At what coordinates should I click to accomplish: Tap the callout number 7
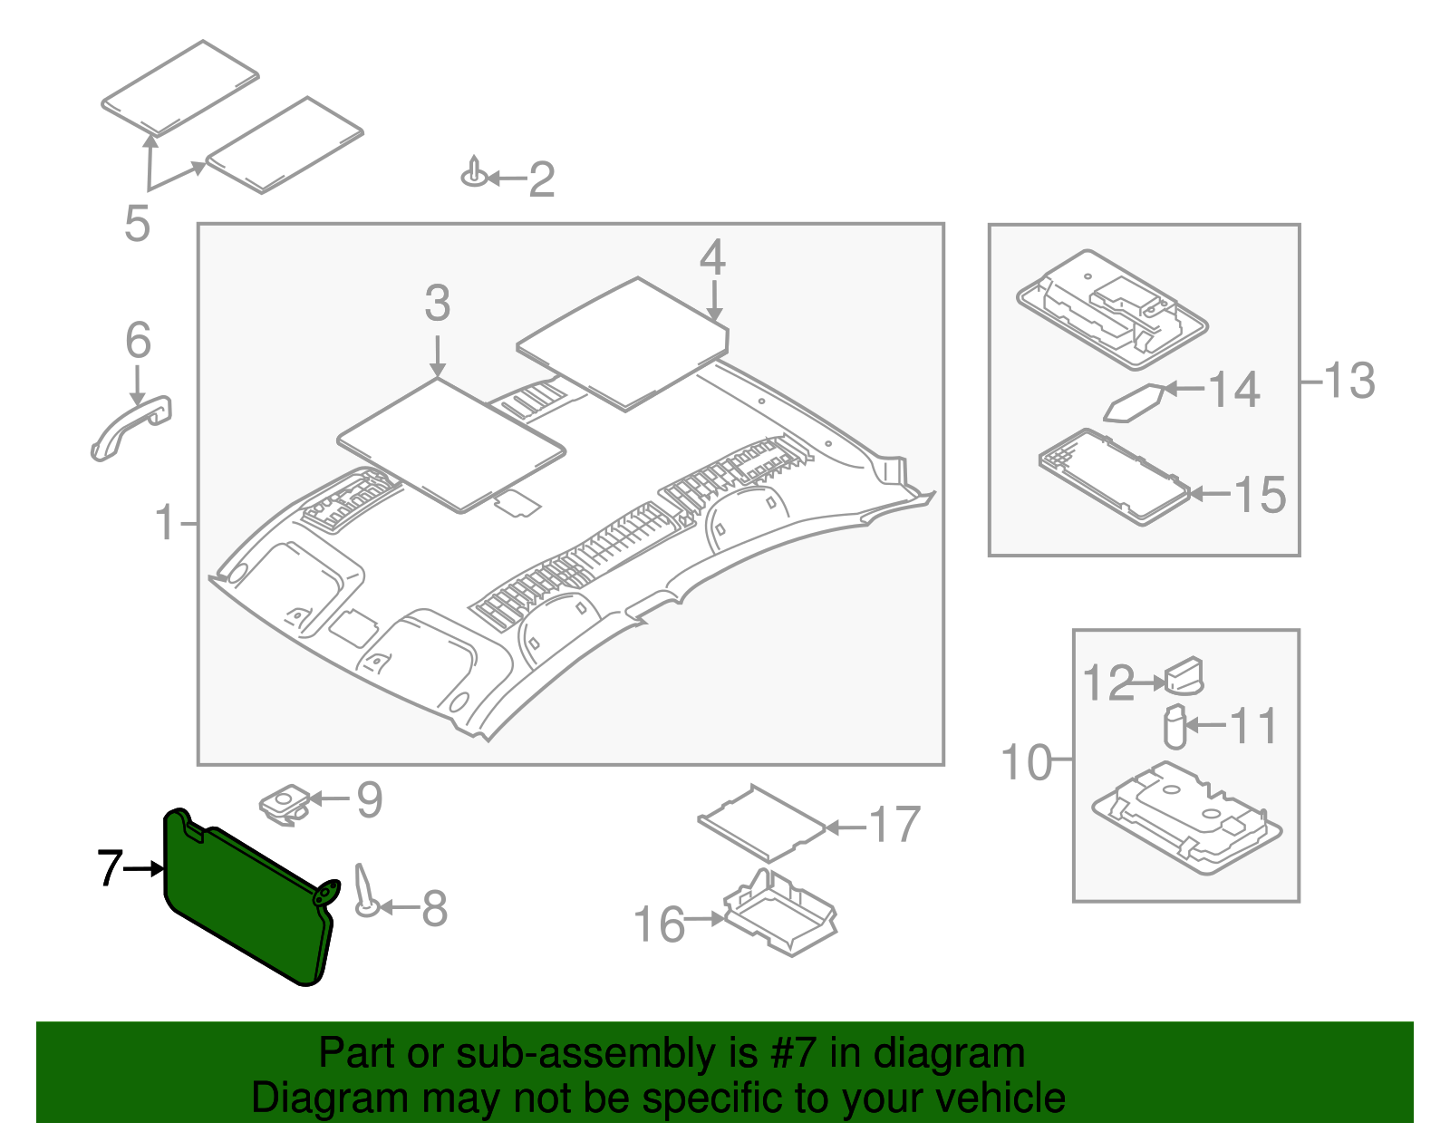pyautogui.click(x=110, y=868)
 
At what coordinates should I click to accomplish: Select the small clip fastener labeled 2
pyautogui.click(x=474, y=173)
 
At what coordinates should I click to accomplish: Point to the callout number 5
pyautogui.click(x=137, y=223)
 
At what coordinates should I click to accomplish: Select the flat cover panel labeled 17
pyautogui.click(x=761, y=823)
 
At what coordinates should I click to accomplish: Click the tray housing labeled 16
pyautogui.click(x=780, y=914)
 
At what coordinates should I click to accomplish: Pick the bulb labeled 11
pyautogui.click(x=1174, y=727)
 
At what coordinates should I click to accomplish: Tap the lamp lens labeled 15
pyautogui.click(x=1113, y=476)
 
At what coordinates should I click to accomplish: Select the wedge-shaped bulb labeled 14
pyautogui.click(x=1134, y=403)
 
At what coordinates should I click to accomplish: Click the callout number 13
pyautogui.click(x=1349, y=381)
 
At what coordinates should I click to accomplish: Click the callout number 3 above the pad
pyautogui.click(x=438, y=304)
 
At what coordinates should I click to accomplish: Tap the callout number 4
pyautogui.click(x=712, y=258)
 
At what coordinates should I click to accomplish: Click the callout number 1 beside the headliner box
pyautogui.click(x=165, y=523)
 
